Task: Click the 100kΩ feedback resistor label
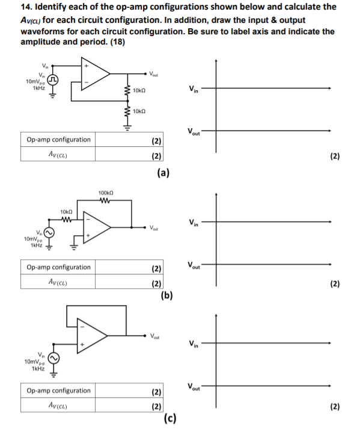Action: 105,193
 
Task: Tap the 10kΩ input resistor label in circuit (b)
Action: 67,211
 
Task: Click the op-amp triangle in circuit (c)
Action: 98,336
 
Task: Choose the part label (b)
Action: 167,295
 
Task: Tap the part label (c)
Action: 170,419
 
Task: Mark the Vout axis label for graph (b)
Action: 194,266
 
